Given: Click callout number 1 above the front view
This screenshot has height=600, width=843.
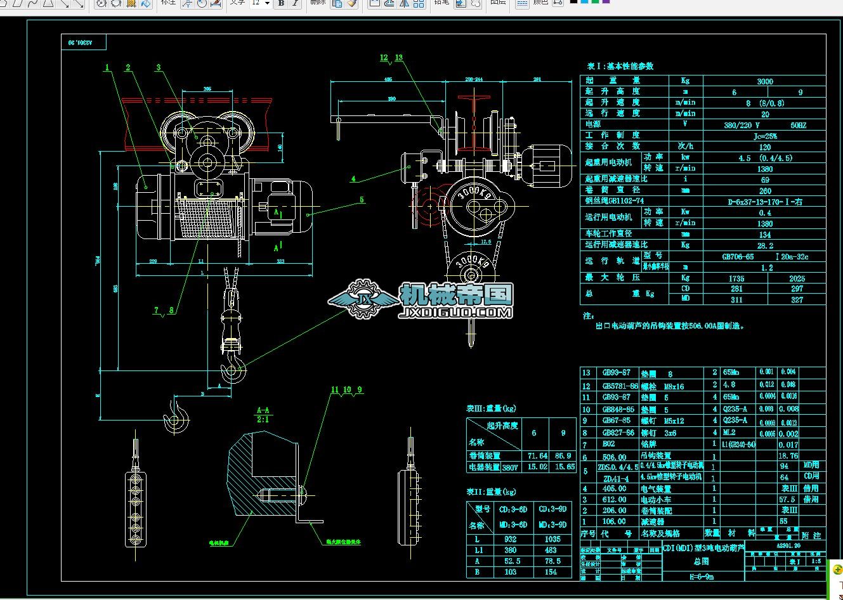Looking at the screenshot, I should [x=107, y=68].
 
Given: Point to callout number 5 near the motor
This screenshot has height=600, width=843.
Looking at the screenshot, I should [x=362, y=200].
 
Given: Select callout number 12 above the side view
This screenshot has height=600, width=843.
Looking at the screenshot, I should [x=384, y=58].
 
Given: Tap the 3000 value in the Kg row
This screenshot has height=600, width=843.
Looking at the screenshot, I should [x=765, y=81].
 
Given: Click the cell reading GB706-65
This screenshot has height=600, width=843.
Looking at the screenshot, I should [x=738, y=257].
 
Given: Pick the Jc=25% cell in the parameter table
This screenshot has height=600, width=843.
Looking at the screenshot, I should [x=765, y=136].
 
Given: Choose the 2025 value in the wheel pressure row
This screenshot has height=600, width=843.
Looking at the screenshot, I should [x=797, y=278].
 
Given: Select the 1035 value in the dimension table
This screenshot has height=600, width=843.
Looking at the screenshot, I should [x=552, y=538].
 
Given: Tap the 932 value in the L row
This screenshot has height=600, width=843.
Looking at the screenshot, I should [x=511, y=538].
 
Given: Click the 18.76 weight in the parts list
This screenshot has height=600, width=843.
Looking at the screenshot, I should [x=788, y=455].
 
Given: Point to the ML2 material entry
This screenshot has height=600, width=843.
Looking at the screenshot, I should [x=729, y=432].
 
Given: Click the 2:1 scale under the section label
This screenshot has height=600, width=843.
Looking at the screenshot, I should [x=263, y=419].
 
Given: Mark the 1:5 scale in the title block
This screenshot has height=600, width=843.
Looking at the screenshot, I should [x=816, y=561].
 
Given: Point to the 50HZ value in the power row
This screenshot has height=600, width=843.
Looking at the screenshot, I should [x=798, y=125].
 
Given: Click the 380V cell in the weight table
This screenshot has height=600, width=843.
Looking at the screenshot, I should [x=510, y=467].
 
